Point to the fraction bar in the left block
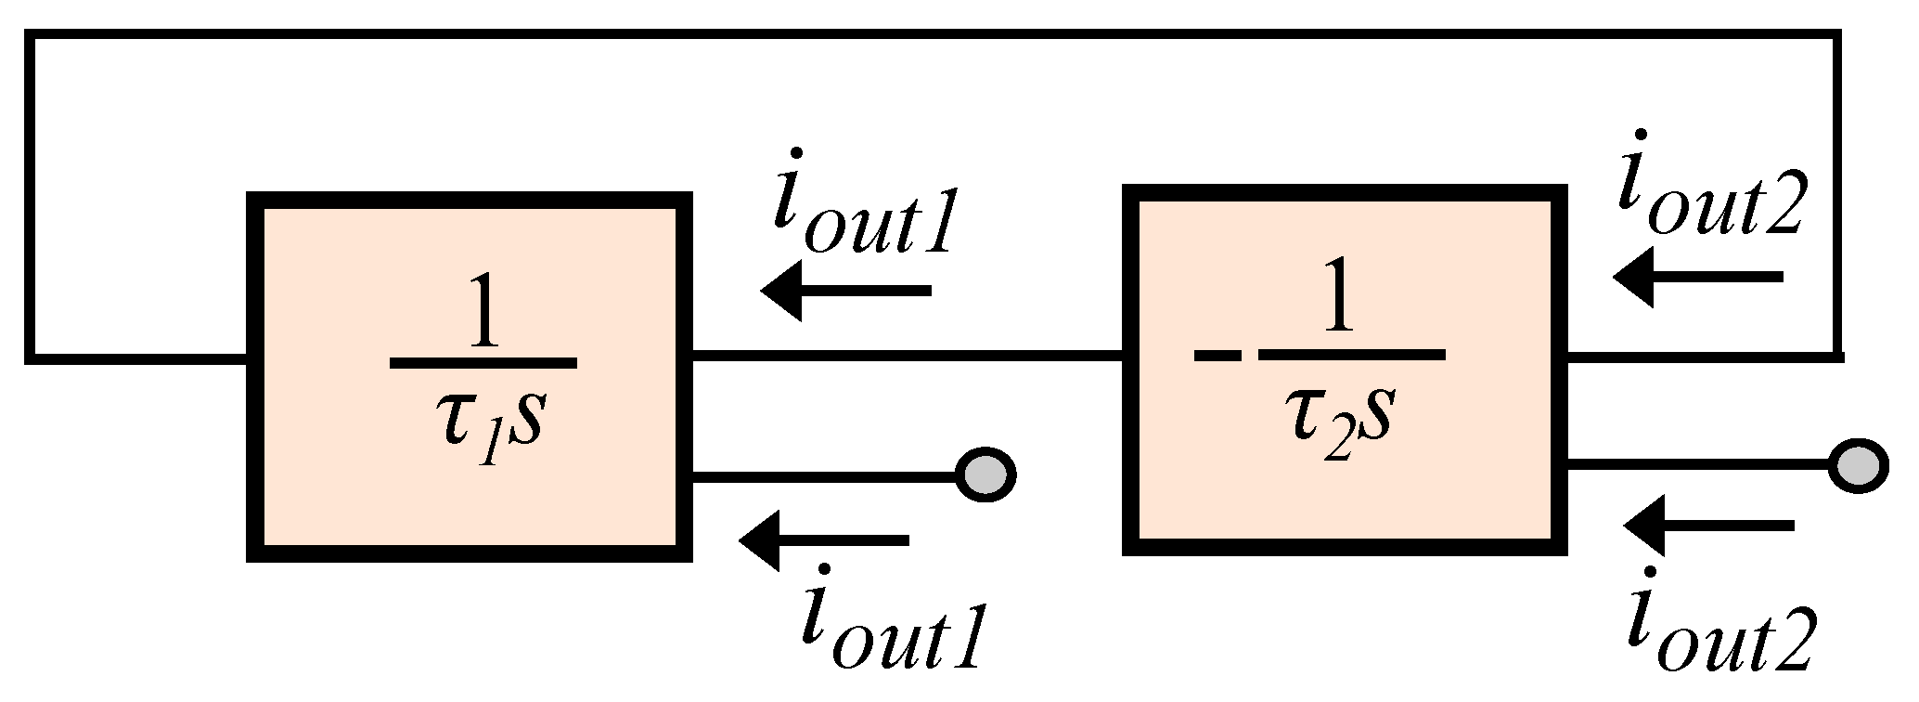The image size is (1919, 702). pyautogui.click(x=483, y=363)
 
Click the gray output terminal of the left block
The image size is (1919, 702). pyautogui.click(x=985, y=474)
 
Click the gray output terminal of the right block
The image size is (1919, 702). pyautogui.click(x=1858, y=463)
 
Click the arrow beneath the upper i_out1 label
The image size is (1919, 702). pyautogui.click(x=845, y=292)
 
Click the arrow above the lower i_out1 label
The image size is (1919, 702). pyautogui.click(x=824, y=539)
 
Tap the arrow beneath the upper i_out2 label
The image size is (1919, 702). pyautogui.click(x=1698, y=277)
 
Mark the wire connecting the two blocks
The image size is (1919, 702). pyautogui.click(x=908, y=356)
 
